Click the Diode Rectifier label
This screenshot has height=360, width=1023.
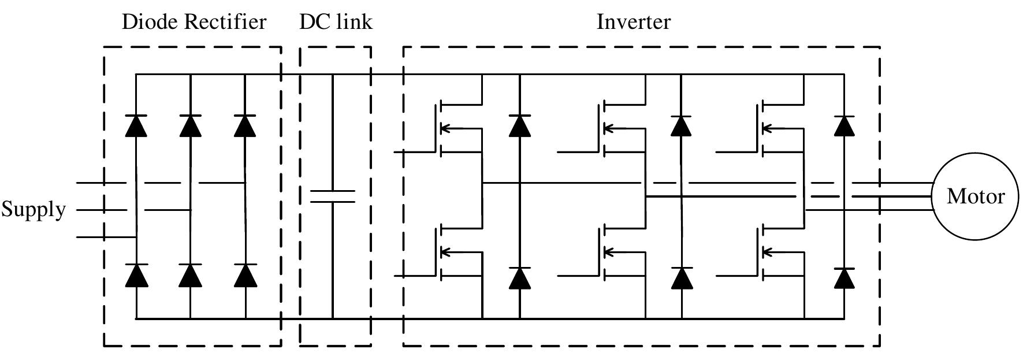[x=194, y=23]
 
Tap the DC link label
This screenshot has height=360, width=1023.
[x=336, y=23]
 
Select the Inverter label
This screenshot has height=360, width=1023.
[x=633, y=23]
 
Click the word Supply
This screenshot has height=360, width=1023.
[x=34, y=209]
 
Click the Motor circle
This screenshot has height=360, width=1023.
[x=975, y=196]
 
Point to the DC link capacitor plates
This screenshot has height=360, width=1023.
[x=333, y=196]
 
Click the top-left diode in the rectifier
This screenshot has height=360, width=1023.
[x=136, y=125]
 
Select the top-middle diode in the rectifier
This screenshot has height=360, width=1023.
[x=190, y=125]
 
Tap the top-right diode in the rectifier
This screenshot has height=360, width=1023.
[x=245, y=125]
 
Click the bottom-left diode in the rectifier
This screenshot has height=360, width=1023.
[x=136, y=276]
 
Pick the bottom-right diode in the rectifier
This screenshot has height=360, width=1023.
[x=245, y=276]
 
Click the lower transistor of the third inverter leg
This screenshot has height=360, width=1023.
[x=766, y=253]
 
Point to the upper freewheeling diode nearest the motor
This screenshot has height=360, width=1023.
[x=845, y=125]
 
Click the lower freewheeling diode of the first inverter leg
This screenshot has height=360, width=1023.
[x=519, y=278]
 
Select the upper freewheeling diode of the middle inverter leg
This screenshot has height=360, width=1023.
[x=682, y=125]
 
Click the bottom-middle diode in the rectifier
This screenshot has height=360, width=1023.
[x=190, y=276]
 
